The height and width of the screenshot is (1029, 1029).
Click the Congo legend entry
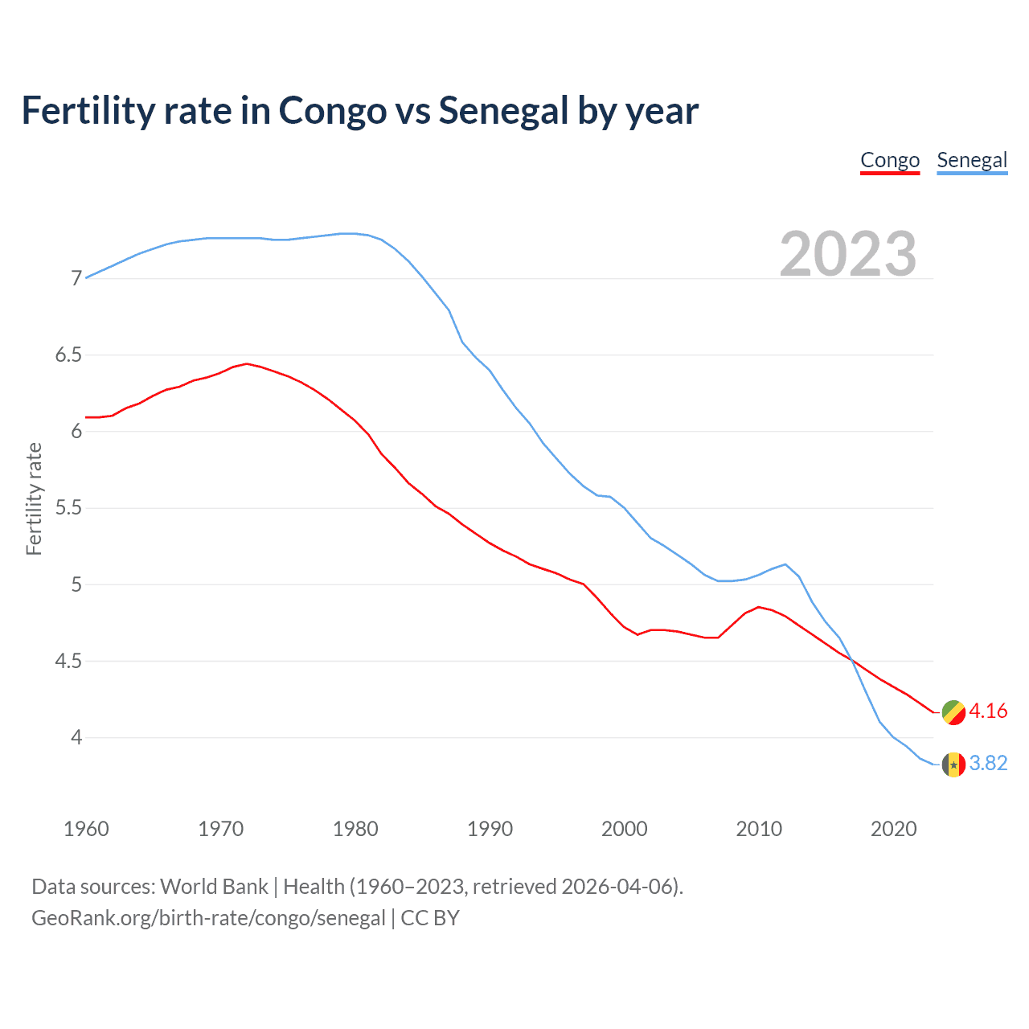click(x=889, y=160)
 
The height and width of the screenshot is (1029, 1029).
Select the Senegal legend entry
click(x=972, y=160)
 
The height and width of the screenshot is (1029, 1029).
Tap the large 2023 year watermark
click(x=848, y=254)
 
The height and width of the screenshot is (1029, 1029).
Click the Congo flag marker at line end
click(x=953, y=712)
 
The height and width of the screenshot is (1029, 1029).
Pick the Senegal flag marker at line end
click(x=953, y=764)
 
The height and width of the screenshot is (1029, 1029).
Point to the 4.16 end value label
click(x=988, y=711)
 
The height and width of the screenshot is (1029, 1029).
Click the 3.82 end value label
click(x=988, y=763)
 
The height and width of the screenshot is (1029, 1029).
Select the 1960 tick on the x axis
click(x=86, y=829)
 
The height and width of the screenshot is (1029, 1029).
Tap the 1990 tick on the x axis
click(x=490, y=829)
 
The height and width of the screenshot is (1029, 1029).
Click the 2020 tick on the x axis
click(x=893, y=829)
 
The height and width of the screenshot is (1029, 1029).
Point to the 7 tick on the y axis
click(x=77, y=279)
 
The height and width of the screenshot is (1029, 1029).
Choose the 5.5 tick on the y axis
click(x=68, y=508)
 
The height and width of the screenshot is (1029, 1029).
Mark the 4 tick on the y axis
click(x=77, y=737)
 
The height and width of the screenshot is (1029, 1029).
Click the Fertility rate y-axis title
click(x=34, y=498)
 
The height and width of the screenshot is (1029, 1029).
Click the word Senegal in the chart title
click(x=503, y=110)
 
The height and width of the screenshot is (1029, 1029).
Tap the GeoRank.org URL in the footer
click(x=208, y=918)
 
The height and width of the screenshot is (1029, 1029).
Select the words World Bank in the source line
click(x=214, y=887)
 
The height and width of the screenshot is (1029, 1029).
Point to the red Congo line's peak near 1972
click(x=247, y=363)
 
